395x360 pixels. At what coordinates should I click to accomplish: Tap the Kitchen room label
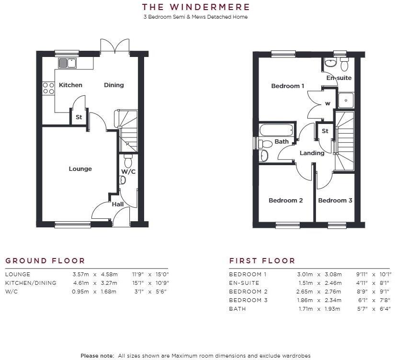pyautogui.click(x=70, y=85)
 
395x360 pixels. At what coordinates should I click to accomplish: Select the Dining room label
pyautogui.click(x=114, y=85)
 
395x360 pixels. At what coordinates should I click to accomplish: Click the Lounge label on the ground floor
pyautogui.click(x=80, y=169)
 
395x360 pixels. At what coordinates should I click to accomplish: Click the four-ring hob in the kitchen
pyautogui.click(x=48, y=88)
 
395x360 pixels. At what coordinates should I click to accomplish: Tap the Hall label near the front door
pyautogui.click(x=118, y=204)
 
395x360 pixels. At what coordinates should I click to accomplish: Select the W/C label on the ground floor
pyautogui.click(x=127, y=171)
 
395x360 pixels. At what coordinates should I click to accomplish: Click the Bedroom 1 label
pyautogui.click(x=288, y=86)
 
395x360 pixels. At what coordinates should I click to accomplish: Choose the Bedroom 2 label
pyautogui.click(x=285, y=201)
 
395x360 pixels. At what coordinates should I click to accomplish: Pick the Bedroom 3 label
pyautogui.click(x=335, y=201)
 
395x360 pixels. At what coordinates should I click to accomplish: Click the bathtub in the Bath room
pyautogui.click(x=276, y=130)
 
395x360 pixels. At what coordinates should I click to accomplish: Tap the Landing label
pyautogui.click(x=312, y=153)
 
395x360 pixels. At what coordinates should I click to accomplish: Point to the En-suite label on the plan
pyautogui.click(x=339, y=78)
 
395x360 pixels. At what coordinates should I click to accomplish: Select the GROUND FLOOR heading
pyautogui.click(x=45, y=261)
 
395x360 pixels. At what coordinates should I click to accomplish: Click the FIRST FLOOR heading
pyautogui.click(x=262, y=261)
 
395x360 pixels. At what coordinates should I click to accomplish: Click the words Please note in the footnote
pyautogui.click(x=97, y=355)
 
